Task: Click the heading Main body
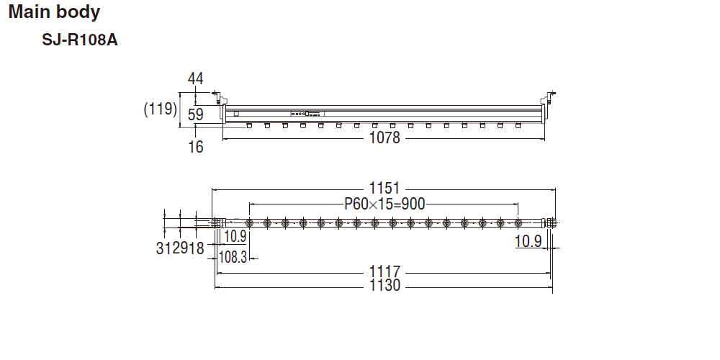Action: tap(55, 12)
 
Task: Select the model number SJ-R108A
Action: tap(80, 40)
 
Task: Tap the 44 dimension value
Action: tap(196, 78)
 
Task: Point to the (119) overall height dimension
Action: tap(160, 109)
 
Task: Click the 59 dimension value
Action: tap(196, 114)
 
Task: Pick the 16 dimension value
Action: tap(196, 147)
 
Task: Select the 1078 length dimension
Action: tap(384, 138)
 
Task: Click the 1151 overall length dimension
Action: tap(384, 189)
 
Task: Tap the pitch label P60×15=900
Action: tap(384, 204)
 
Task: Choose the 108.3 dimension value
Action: tap(233, 257)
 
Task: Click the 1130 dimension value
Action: tap(384, 286)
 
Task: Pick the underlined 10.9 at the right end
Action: tap(528, 241)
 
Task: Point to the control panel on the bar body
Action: tap(307, 113)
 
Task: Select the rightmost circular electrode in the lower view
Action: tap(518, 222)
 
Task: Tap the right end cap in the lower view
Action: tap(551, 222)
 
